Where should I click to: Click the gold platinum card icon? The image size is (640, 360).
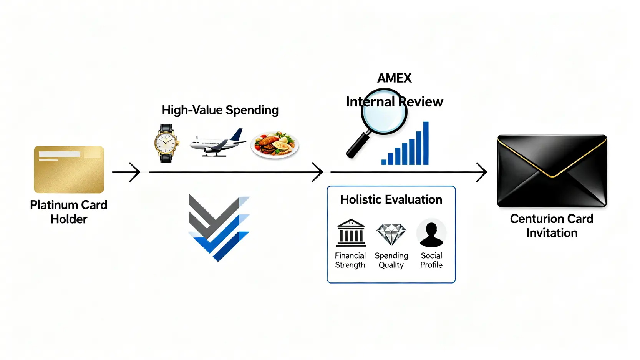pos(69,169)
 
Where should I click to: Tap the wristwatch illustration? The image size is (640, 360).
pos(166,144)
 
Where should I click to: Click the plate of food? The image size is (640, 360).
pos(275,145)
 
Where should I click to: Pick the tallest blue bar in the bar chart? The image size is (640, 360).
pos(426,143)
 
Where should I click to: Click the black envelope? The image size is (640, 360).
pos(552,171)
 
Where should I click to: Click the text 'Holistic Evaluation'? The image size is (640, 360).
pos(391,200)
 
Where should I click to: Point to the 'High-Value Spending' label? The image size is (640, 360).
pos(220,110)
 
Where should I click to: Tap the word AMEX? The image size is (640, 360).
pos(394,78)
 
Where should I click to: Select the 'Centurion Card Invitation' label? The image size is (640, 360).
pos(552,226)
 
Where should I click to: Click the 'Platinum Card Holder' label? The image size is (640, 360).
pos(69,212)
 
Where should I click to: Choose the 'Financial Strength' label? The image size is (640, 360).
pos(350,260)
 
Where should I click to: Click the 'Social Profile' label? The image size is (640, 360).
pos(431,260)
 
